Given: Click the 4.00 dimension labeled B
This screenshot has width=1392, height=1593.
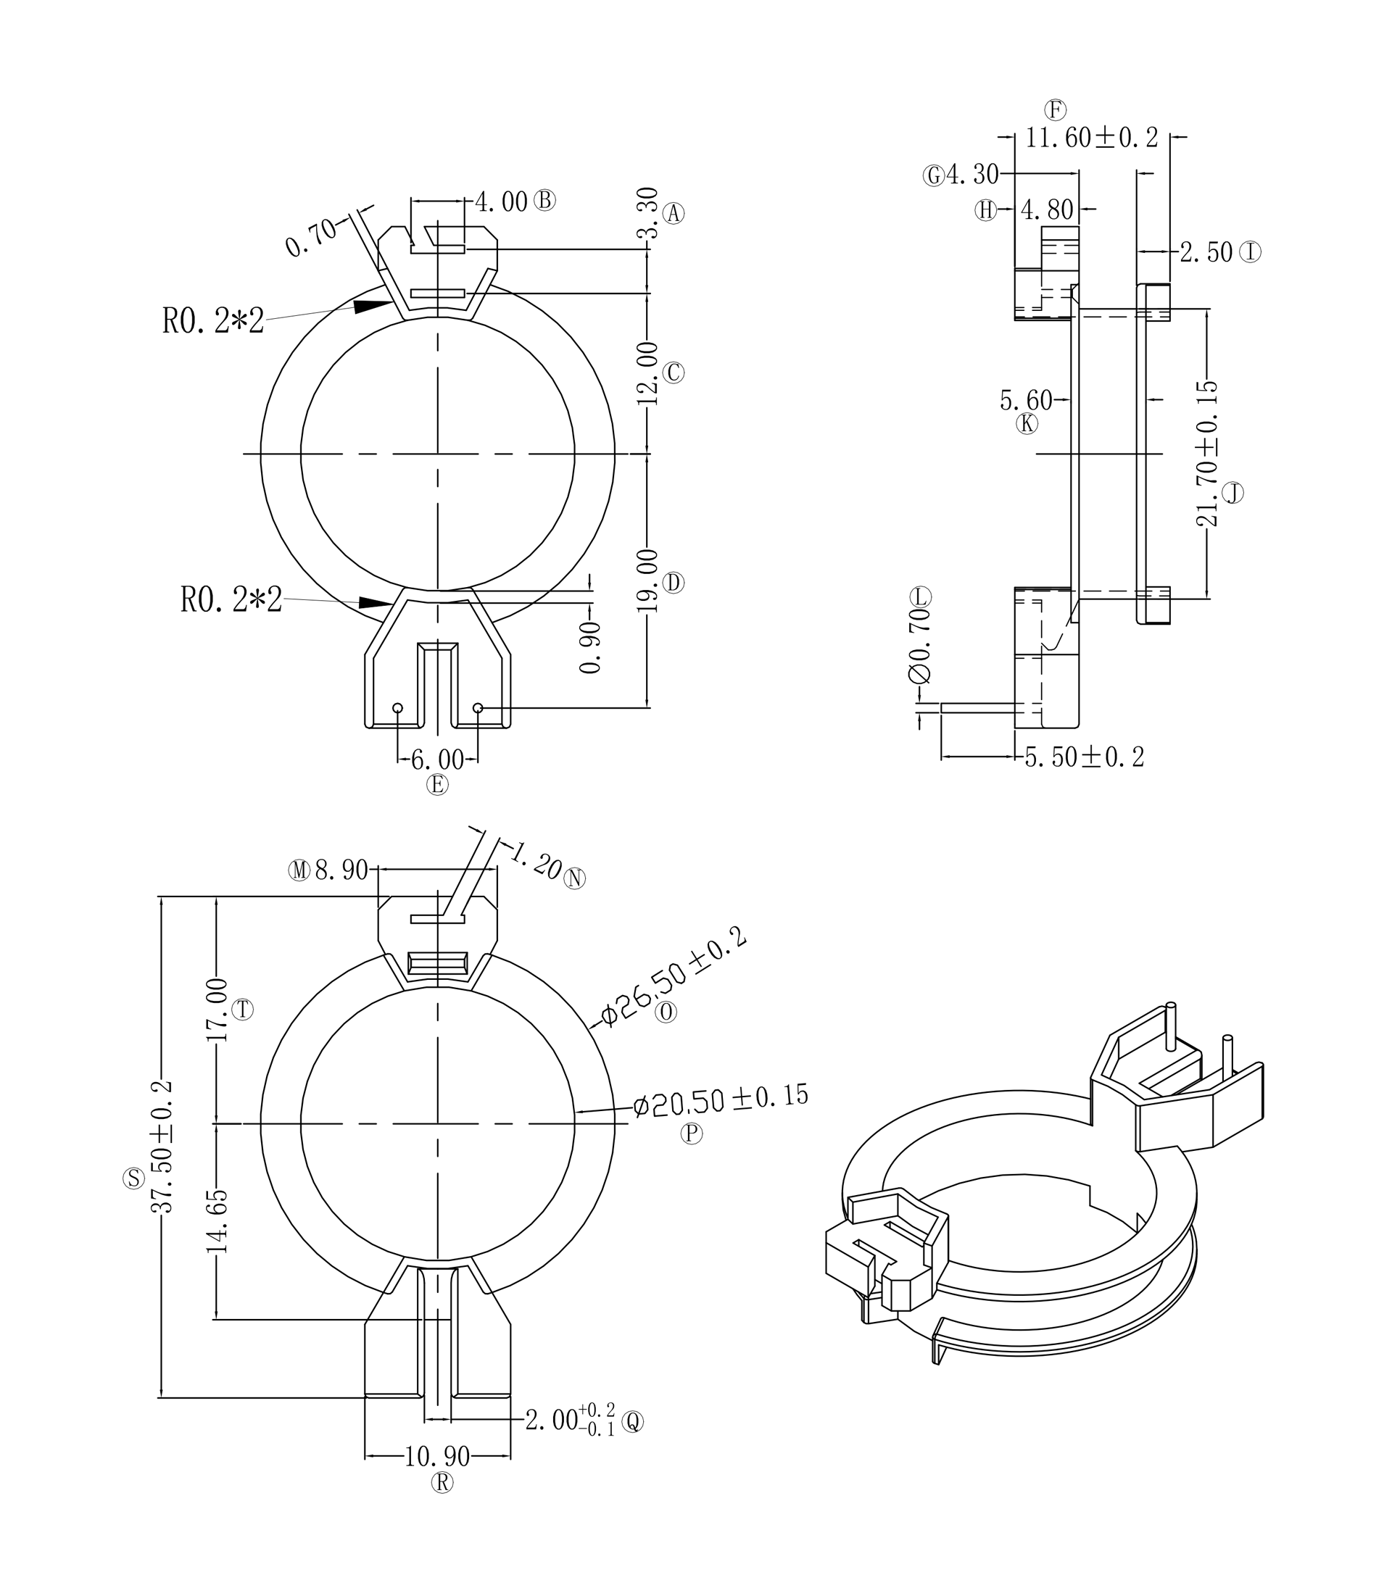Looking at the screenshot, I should tap(501, 201).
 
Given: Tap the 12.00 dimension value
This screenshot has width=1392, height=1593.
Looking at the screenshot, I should tap(649, 373).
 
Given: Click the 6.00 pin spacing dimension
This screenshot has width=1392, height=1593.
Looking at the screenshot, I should tap(437, 760).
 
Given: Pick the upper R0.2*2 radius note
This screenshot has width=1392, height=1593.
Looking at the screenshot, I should tap(213, 320).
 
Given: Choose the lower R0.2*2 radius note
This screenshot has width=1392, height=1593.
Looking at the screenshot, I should tap(231, 599).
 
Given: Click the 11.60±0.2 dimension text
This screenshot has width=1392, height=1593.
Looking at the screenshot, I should tap(1091, 138).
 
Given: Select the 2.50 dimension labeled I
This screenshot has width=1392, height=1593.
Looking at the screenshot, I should tap(1206, 252).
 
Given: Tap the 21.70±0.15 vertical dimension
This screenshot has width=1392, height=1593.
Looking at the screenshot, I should tap(1207, 454).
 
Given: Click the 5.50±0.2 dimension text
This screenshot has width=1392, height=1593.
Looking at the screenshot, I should tap(1085, 757).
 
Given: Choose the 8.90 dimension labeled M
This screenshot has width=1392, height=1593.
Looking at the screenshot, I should tap(341, 870).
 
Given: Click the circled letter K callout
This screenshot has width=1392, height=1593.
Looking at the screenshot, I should tap(1027, 424).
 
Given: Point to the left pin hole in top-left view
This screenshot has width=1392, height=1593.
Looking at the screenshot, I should tap(398, 708).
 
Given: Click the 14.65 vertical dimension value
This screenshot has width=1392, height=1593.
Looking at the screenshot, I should tap(217, 1221).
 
